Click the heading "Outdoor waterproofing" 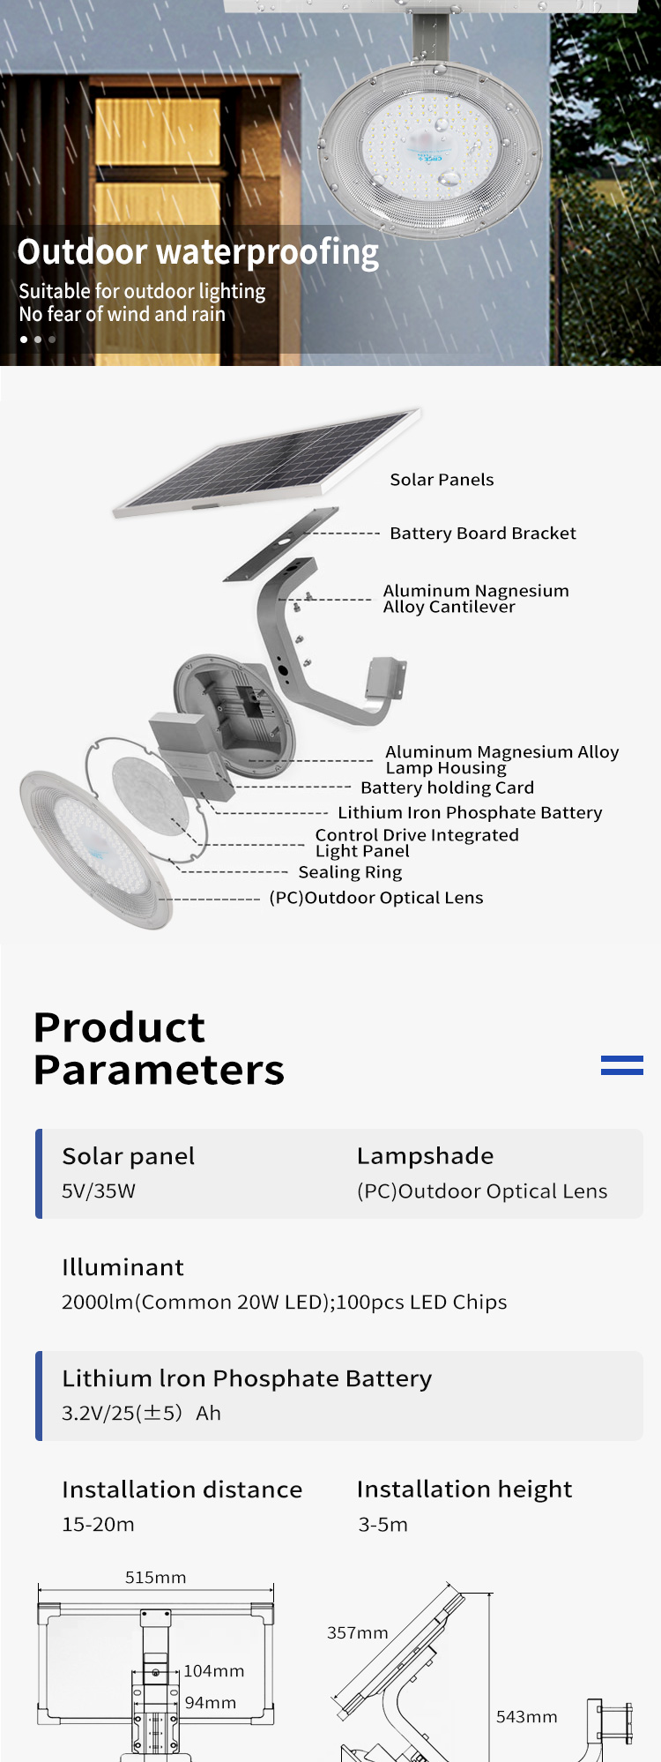198,252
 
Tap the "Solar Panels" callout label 442,480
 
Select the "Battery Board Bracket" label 483,534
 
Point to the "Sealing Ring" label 350,872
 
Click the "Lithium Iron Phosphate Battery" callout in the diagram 470,812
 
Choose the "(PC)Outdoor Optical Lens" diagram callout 376,898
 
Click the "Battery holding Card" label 447,788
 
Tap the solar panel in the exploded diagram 267,461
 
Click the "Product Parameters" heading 159,1049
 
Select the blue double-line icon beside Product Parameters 622,1065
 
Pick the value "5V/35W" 99,1191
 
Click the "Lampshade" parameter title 425,1156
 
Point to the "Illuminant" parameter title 123,1267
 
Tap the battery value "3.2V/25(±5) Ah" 141,1414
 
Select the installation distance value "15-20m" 98,1525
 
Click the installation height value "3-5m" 382,1525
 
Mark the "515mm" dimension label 155,1578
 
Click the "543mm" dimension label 526,1717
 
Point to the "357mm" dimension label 357,1633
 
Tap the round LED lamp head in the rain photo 431,146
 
